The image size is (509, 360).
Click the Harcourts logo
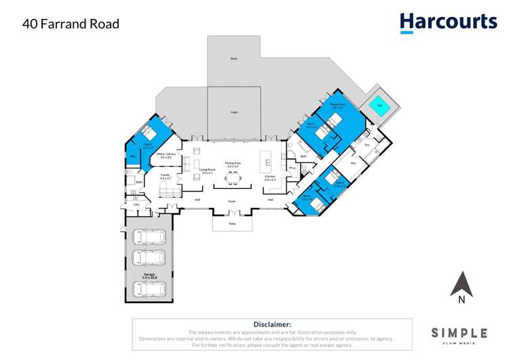(x=448, y=22)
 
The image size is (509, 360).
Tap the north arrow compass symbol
(x=461, y=285)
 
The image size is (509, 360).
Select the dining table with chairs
(x=233, y=178)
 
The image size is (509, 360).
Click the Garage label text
(x=149, y=276)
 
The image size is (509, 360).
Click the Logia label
(x=233, y=111)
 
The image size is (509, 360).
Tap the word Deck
(x=233, y=59)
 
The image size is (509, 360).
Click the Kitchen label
(x=270, y=176)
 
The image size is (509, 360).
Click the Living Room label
(x=207, y=170)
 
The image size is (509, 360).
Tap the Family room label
(x=165, y=176)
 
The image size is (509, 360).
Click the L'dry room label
(x=136, y=204)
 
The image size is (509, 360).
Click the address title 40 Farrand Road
(x=71, y=24)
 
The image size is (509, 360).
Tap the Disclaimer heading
(x=271, y=325)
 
